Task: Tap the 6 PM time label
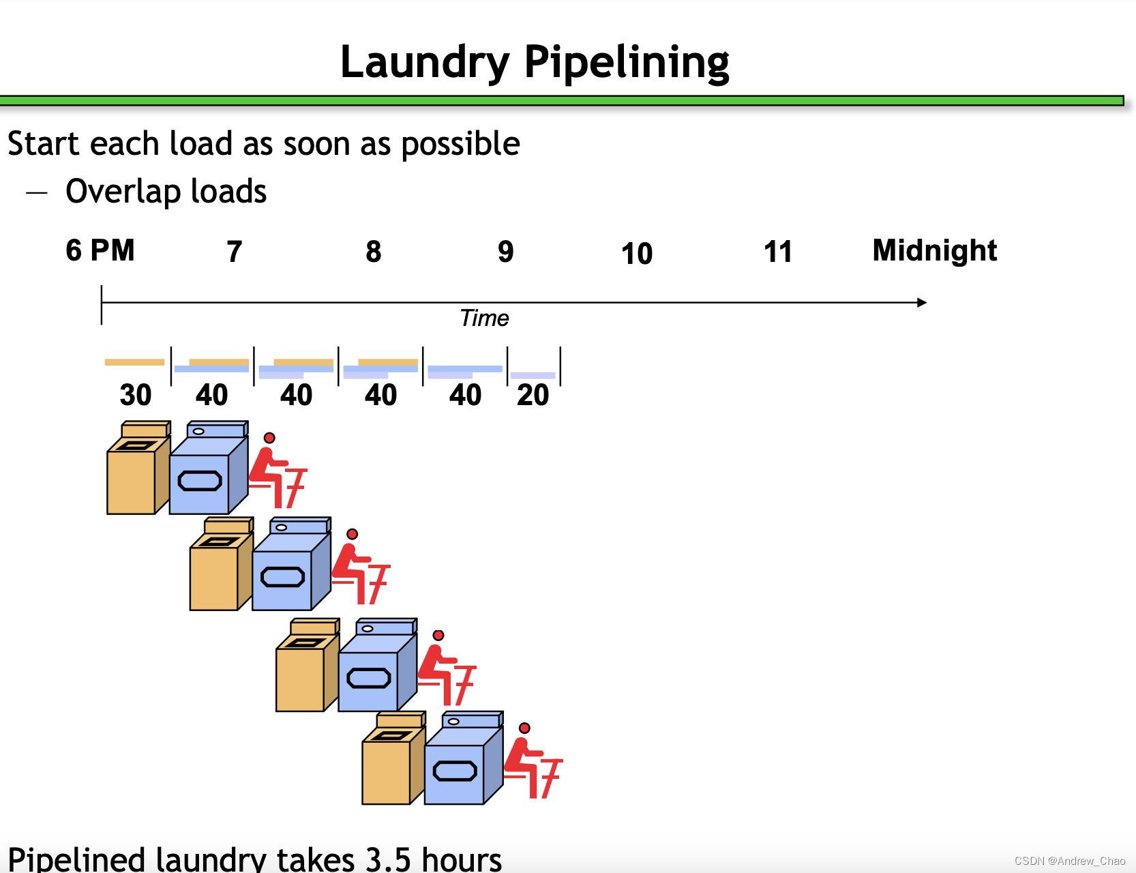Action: coord(100,250)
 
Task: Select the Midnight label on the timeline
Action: coord(934,250)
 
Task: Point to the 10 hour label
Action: coord(637,254)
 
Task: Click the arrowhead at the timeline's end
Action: coord(922,302)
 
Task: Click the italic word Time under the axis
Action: coord(484,319)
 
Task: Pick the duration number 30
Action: coord(135,395)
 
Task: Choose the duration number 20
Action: coord(533,395)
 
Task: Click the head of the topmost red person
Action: coord(269,438)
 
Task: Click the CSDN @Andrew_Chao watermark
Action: coord(1069,861)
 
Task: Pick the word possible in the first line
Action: coord(460,145)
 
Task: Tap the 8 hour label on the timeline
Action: coord(373,252)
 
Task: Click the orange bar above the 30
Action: coord(134,362)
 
